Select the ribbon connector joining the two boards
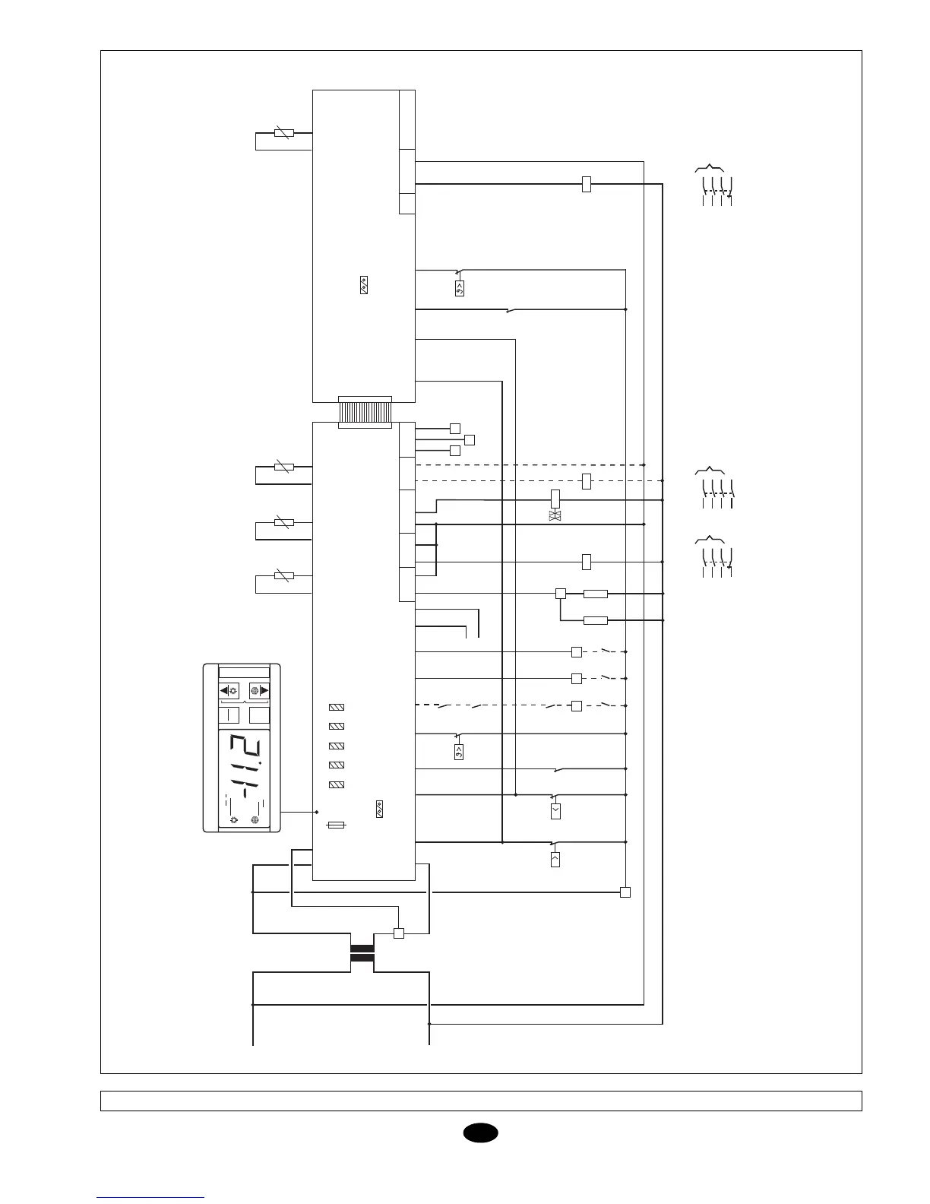point(364,412)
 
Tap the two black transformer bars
point(362,953)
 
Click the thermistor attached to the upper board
point(283,133)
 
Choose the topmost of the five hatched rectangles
point(337,708)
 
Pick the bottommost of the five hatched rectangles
point(337,784)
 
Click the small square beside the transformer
point(398,933)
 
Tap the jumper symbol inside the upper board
point(364,287)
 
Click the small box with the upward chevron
point(555,860)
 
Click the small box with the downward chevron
point(555,811)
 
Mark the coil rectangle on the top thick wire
point(586,184)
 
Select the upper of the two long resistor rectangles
point(596,594)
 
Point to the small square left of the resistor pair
point(561,594)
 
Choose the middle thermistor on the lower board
point(283,522)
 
